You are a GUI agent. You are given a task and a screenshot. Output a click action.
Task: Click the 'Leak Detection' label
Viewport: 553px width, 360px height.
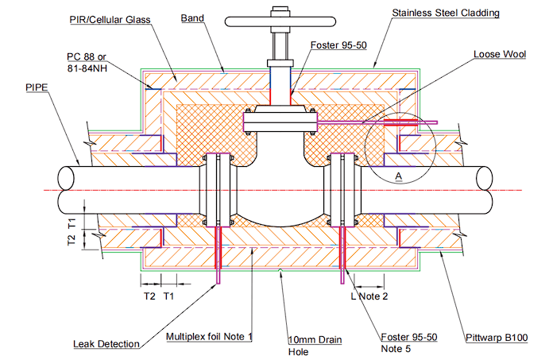click(x=106, y=343)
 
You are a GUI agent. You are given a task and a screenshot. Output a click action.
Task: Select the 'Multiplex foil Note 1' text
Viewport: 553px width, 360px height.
click(x=208, y=336)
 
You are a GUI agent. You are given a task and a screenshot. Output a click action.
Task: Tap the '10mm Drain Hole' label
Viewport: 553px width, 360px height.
click(x=315, y=345)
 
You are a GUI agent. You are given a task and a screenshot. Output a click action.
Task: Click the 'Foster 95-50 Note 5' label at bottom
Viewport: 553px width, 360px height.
click(x=409, y=343)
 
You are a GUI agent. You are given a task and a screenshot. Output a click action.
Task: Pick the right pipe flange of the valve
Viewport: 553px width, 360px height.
click(x=344, y=188)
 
